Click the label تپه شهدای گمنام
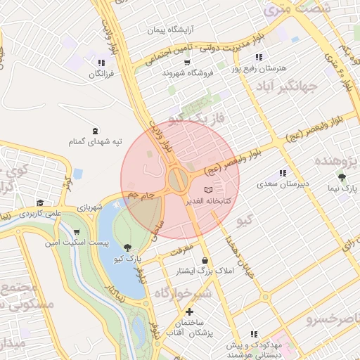tap(95, 141)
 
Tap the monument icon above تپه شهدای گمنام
tap(96, 130)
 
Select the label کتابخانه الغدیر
tap(208, 201)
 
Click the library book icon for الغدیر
tap(207, 191)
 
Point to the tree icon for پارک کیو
tap(127, 247)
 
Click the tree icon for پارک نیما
tap(342, 178)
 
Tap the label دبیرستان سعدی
tap(283, 184)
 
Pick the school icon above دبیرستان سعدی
tap(283, 173)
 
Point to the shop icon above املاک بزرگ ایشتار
tap(205, 261)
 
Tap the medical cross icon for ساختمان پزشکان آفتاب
tap(189, 312)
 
